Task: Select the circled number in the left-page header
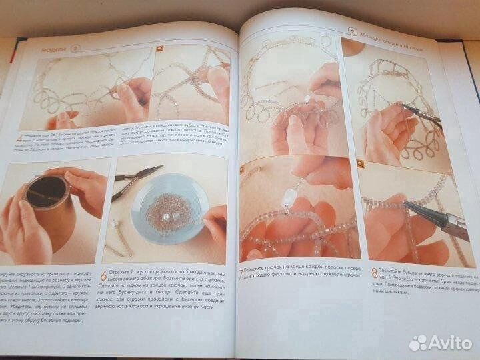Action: point(75,48)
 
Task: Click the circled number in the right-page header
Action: point(352,31)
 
